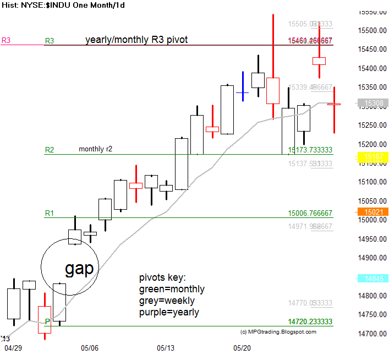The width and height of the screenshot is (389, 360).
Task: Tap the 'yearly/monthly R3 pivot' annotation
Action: tap(136, 40)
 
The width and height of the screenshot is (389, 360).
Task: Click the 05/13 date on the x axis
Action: tap(166, 348)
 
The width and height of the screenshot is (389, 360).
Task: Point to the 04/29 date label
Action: tap(13, 348)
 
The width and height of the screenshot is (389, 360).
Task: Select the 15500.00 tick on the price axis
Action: tap(371, 31)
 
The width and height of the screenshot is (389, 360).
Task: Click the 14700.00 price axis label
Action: tap(371, 334)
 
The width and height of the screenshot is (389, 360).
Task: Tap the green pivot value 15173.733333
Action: tap(310, 150)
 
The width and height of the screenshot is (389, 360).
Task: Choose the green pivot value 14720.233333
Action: tap(310, 321)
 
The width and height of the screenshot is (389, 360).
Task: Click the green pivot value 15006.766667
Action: tap(310, 213)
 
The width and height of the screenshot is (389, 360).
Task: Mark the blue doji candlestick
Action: tap(243, 92)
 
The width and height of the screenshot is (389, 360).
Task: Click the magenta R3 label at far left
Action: tap(6, 40)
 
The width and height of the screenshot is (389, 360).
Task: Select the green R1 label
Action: tap(50, 212)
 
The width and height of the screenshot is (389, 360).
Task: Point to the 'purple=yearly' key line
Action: tap(169, 312)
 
